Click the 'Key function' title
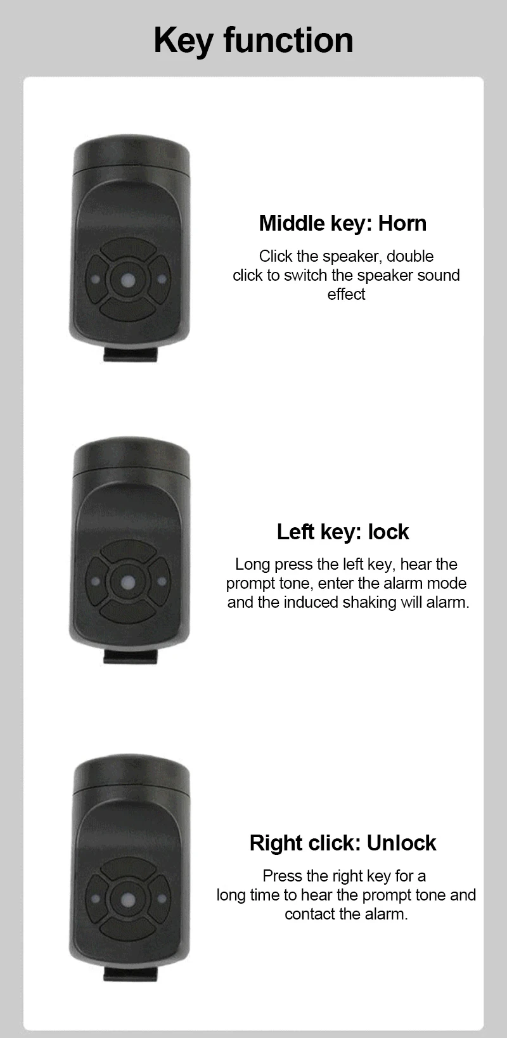click(253, 41)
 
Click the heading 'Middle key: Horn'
click(342, 223)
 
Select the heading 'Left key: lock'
click(342, 532)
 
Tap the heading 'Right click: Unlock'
click(342, 843)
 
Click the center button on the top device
click(129, 279)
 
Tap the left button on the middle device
click(96, 581)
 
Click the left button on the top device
click(96, 279)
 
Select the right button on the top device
click(162, 279)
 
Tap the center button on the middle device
click(129, 581)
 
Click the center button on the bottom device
click(129, 899)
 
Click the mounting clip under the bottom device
click(130, 974)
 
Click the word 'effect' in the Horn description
click(346, 295)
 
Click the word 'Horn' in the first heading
click(402, 223)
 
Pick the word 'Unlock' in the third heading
click(401, 843)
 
